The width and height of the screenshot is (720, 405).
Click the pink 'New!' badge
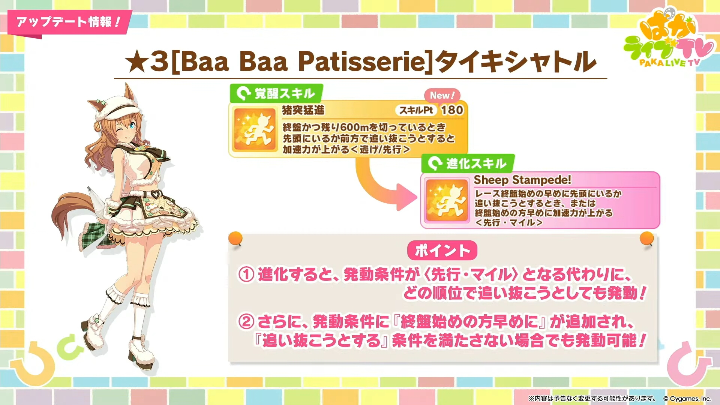click(x=442, y=95)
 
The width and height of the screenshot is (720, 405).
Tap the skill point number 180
click(x=452, y=110)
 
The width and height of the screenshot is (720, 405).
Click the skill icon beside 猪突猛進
click(x=254, y=129)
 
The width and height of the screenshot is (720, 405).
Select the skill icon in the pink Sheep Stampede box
click(x=447, y=200)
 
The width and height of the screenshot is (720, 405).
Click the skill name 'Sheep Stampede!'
click(x=522, y=180)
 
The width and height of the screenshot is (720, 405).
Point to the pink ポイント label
click(x=442, y=250)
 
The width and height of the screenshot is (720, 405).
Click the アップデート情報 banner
click(x=69, y=22)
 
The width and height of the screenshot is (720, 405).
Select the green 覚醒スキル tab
click(x=276, y=93)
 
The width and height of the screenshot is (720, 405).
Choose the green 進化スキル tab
click(x=468, y=163)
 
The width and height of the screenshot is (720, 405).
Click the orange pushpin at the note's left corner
click(x=235, y=239)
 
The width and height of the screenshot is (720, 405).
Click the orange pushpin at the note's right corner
click(x=647, y=239)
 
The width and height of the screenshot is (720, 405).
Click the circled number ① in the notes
click(x=246, y=274)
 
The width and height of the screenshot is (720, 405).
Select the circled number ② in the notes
click(x=246, y=322)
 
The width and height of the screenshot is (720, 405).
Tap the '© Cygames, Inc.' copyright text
click(x=687, y=399)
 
